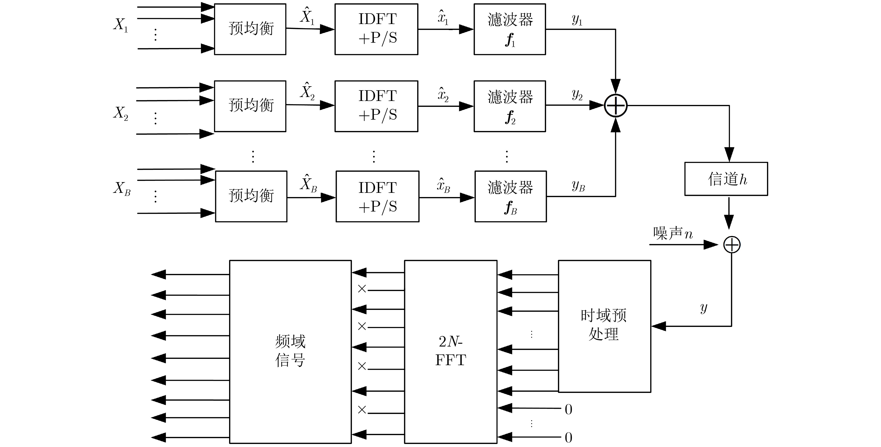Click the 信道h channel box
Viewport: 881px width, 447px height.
[726, 179]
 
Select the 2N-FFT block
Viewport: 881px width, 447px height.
[451, 351]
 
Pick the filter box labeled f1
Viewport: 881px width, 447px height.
[509, 29]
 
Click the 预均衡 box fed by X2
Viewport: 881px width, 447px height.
[250, 106]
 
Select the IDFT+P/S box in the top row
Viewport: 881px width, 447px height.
[376, 29]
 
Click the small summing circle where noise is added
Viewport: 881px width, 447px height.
[732, 245]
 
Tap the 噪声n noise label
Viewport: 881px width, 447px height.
[673, 233]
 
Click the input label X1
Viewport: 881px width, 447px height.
[121, 25]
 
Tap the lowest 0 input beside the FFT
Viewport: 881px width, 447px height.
[568, 437]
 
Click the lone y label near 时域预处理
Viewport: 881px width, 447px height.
[703, 308]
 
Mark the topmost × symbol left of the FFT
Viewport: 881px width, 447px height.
[362, 289]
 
